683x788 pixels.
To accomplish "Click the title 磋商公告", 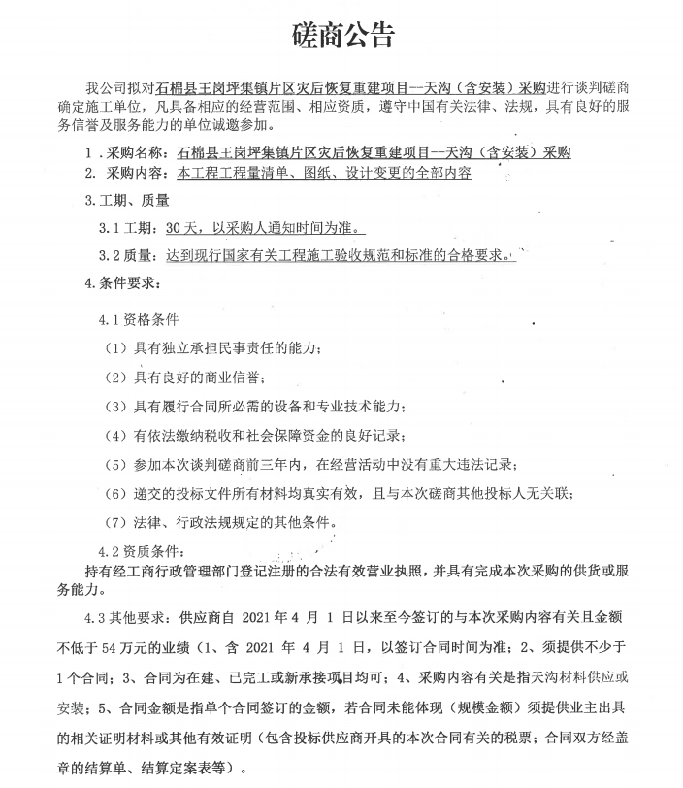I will (342, 36).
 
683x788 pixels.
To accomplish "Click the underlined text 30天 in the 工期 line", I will (180, 229).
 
